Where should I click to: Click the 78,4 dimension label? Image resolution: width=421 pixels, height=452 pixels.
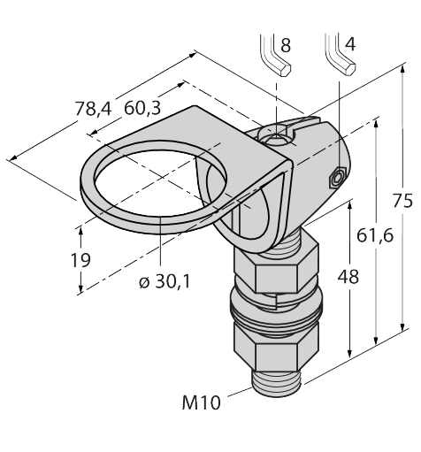coord(93,109)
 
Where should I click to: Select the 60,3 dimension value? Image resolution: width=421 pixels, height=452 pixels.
coord(142,108)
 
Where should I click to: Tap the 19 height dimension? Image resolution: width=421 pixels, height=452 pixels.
coord(80,260)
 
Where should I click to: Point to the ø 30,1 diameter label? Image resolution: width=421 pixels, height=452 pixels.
coord(165,281)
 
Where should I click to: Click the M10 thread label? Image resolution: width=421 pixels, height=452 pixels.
coord(202,402)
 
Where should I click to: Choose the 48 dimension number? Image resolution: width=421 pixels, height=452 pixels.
coord(348,277)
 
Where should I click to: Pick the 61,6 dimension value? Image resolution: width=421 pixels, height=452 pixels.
coord(375,235)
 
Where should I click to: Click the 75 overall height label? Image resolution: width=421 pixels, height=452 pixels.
coord(402,202)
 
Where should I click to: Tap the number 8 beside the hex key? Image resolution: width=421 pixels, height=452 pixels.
coord(286,45)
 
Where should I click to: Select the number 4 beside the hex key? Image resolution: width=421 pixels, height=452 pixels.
coord(350,44)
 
